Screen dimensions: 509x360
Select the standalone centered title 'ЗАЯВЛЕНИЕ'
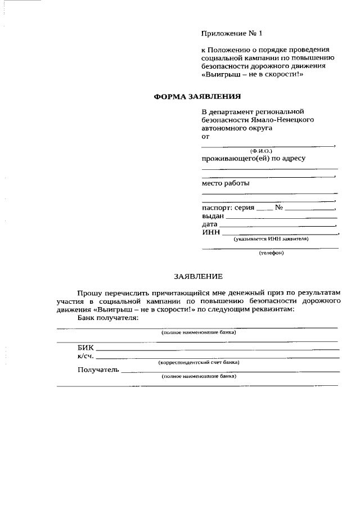tap(198, 276)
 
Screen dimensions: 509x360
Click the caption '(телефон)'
tap(271, 253)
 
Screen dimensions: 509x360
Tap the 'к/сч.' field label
tap(86, 356)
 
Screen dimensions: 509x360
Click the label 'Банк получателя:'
tap(108, 318)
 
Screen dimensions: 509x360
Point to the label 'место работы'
tap(226, 183)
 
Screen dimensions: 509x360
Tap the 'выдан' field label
tap(213, 215)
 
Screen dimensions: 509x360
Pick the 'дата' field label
tap(210, 224)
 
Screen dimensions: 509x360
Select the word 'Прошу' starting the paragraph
tap(90, 293)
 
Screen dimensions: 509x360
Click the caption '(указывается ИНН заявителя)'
tap(271, 239)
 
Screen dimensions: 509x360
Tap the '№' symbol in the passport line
tap(279, 207)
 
